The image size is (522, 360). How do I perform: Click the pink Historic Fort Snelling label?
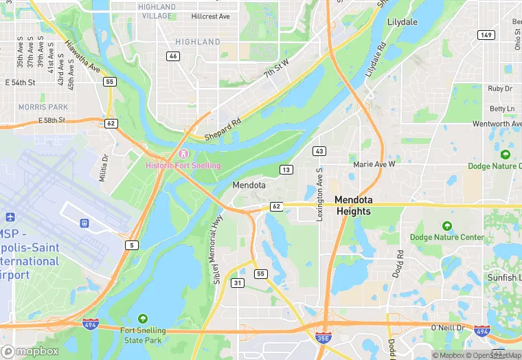[x=183, y=166]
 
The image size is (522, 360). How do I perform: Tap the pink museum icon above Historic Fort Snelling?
[x=183, y=153]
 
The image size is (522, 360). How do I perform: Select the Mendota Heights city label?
[x=362, y=205]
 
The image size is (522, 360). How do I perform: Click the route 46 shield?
[x=173, y=56]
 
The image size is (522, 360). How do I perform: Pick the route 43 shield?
[x=319, y=150]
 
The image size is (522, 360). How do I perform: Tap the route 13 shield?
[x=286, y=169]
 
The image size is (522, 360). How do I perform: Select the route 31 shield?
[x=238, y=282]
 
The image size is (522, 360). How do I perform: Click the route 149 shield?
[x=486, y=35]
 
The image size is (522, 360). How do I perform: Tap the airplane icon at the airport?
[x=84, y=223]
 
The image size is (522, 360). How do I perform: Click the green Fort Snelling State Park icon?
[x=142, y=318]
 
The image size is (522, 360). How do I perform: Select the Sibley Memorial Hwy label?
[x=218, y=249]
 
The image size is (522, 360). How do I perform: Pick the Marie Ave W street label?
[x=374, y=165]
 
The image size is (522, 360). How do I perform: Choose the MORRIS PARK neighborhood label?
[x=43, y=107]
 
